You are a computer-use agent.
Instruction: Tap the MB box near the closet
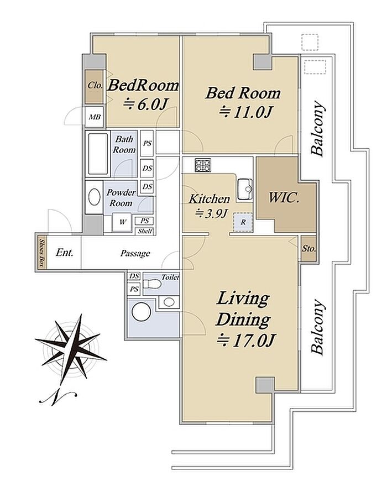pos(95,117)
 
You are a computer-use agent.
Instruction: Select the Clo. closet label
pos(95,85)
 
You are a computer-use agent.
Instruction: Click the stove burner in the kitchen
pos(203,165)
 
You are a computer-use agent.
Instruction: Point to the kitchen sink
pos(245,189)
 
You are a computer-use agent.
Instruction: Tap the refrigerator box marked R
pos(243,222)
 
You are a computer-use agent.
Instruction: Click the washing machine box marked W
pos(122,222)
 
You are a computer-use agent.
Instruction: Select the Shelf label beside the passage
pos(145,231)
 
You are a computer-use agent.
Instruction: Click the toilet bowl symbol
pos(152,284)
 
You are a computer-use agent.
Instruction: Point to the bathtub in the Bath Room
pos(98,154)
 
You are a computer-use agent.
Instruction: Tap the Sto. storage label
pos(309,249)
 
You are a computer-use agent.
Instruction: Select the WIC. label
pos(284,198)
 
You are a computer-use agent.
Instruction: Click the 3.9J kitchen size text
pos(211,214)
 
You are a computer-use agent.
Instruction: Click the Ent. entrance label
pos(65,252)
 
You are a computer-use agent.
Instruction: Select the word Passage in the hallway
pos(135,253)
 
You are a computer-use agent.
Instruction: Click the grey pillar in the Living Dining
pos(265,385)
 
